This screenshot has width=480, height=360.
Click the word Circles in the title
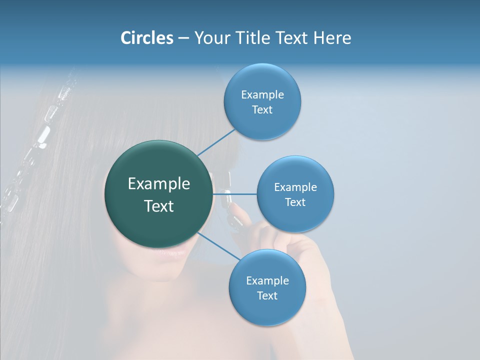(x=147, y=38)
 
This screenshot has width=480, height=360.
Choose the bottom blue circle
(x=267, y=310)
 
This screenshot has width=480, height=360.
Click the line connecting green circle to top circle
(x=216, y=142)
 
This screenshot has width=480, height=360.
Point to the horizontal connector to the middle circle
(x=234, y=193)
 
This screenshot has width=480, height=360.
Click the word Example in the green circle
(x=159, y=184)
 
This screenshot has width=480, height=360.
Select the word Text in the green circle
(x=159, y=206)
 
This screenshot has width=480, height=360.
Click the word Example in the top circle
(x=262, y=94)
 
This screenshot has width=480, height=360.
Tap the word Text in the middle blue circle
(x=295, y=202)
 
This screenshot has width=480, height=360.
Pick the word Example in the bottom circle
(x=267, y=280)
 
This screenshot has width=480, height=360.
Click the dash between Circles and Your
(x=183, y=38)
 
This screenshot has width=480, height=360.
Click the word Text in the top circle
(x=262, y=109)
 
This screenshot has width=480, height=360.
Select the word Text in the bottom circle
(x=267, y=295)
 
